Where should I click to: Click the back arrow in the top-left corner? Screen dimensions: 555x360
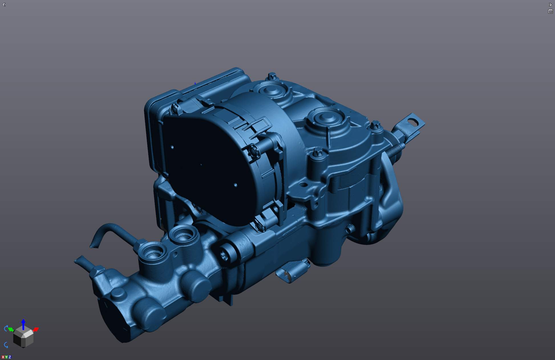tap(4, 5)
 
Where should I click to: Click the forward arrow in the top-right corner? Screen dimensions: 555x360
tap(550, 5)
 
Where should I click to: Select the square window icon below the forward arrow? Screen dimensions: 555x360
tap(550, 11)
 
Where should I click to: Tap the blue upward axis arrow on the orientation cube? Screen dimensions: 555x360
tap(23, 324)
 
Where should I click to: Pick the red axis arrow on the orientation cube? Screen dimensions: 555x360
tap(36, 330)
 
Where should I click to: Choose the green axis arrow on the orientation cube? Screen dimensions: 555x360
tap(11, 329)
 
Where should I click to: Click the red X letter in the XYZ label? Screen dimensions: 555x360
tap(3, 357)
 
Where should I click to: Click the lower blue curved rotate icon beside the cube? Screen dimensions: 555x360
tap(6, 345)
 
